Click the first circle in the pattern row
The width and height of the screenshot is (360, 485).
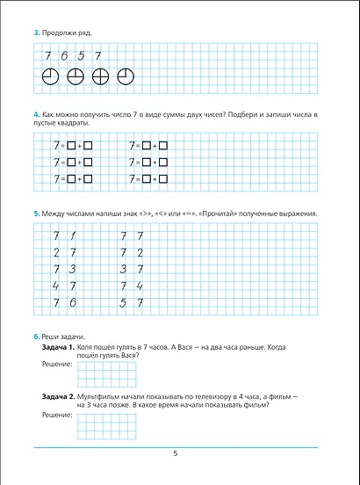pyautogui.click(x=51, y=76)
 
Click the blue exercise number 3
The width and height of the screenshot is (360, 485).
pyautogui.click(x=35, y=33)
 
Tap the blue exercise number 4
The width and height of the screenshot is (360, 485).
pyautogui.click(x=35, y=116)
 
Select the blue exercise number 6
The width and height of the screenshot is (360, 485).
pyautogui.click(x=35, y=337)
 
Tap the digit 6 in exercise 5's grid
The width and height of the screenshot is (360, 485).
pyautogui.click(x=72, y=302)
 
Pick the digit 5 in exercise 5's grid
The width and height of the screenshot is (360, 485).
pyautogui.click(x=121, y=302)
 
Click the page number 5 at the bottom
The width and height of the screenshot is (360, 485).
pyautogui.click(x=176, y=452)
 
